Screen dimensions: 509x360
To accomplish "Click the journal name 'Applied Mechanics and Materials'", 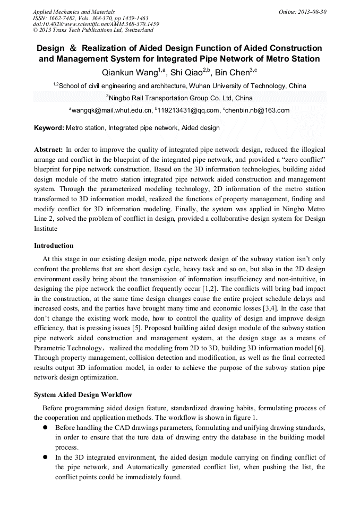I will [x=73, y=11].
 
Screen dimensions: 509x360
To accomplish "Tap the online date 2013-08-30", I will [x=303, y=11].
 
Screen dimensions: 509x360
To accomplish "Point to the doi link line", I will [x=96, y=24].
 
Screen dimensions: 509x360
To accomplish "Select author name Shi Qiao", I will [x=189, y=73].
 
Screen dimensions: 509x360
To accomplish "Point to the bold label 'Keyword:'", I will [x=49, y=128].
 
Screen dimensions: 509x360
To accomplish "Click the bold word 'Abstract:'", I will [x=49, y=150].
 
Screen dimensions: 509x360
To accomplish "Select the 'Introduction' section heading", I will [x=54, y=246].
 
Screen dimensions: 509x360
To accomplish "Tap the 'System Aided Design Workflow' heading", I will [x=83, y=395].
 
